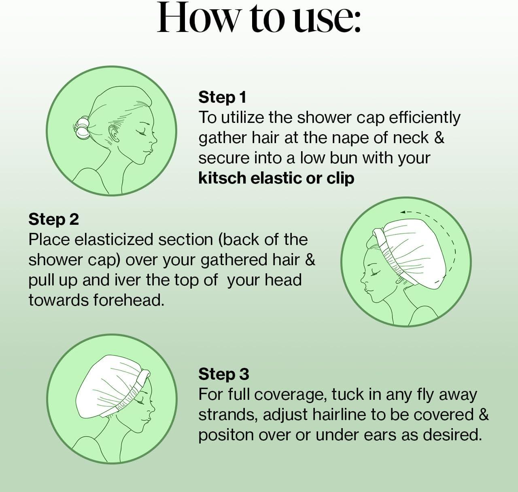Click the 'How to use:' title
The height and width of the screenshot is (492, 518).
coord(259,17)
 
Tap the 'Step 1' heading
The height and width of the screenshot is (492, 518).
coord(222,97)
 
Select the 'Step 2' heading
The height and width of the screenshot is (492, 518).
coord(53,219)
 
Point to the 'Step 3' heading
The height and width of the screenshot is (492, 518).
coord(223,374)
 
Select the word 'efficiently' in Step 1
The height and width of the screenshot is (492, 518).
coord(425,118)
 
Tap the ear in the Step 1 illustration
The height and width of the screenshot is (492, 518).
coord(114,133)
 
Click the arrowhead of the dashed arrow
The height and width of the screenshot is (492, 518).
coord(402,212)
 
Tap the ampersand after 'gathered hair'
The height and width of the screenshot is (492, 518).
coord(310,260)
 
